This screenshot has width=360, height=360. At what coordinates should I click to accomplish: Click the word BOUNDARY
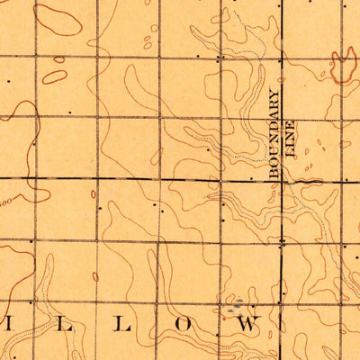pos(275,135)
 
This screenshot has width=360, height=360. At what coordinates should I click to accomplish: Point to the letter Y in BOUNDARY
pos(275,93)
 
